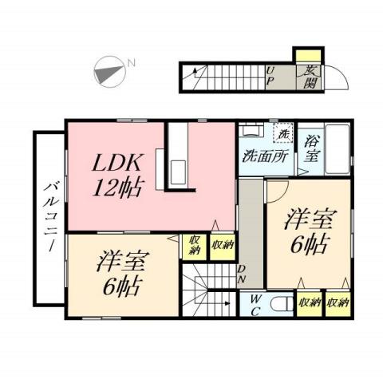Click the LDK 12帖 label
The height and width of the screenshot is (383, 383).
[118, 176]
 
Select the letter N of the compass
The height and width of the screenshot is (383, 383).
[132, 62]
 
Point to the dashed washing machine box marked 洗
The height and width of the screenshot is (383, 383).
[282, 133]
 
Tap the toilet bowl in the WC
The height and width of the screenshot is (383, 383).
[278, 304]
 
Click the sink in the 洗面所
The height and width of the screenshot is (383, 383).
[251, 132]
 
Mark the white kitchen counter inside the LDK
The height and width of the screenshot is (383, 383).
[176, 156]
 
